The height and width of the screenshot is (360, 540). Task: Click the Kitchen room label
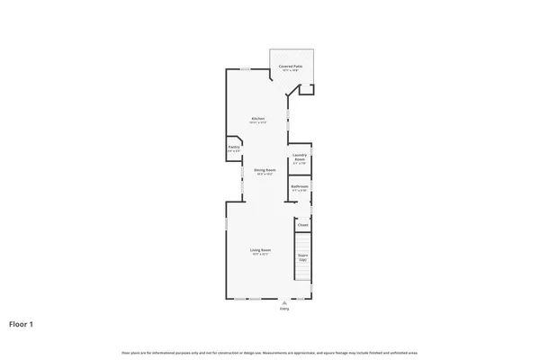click(257, 119)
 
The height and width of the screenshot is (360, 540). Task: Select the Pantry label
click(233, 147)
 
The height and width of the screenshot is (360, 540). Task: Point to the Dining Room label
click(264, 169)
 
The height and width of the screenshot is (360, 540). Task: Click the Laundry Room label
click(301, 157)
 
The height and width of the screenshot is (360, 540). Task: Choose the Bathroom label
click(300, 186)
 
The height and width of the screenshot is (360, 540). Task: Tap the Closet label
click(303, 225)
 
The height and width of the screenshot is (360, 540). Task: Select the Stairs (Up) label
click(303, 257)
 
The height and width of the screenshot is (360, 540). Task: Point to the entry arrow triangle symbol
click(285, 301)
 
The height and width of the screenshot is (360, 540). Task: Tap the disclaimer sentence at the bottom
click(269, 352)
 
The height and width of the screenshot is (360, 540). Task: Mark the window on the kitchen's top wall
click(244, 68)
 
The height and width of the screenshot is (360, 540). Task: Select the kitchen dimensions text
click(257, 123)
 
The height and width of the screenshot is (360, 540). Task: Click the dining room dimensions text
click(264, 174)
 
